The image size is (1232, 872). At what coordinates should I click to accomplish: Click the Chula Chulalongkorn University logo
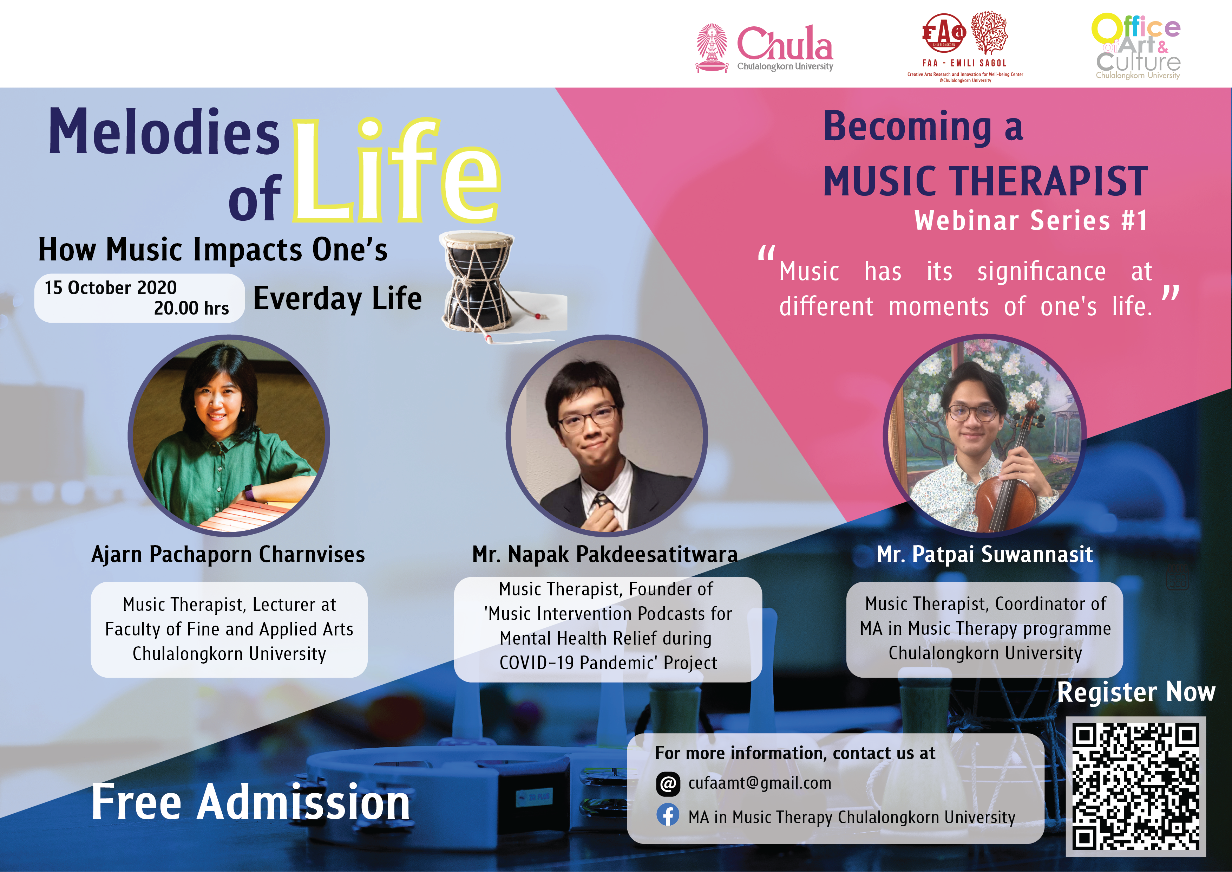click(764, 48)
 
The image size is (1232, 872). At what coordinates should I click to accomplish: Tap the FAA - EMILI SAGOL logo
click(965, 47)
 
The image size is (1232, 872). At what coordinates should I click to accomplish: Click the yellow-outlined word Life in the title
click(397, 171)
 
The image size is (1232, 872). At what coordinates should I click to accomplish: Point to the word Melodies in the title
click(164, 131)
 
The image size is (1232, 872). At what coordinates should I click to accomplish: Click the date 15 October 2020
click(111, 288)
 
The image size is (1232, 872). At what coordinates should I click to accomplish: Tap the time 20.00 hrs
click(191, 308)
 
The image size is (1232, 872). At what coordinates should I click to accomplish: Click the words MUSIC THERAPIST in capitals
click(986, 181)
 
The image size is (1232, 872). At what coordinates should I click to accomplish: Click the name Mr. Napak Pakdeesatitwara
click(605, 554)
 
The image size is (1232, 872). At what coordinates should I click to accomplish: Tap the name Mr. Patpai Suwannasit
click(985, 554)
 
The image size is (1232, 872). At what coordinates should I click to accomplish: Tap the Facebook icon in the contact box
click(668, 816)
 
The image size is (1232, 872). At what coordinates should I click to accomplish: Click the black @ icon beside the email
click(668, 784)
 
